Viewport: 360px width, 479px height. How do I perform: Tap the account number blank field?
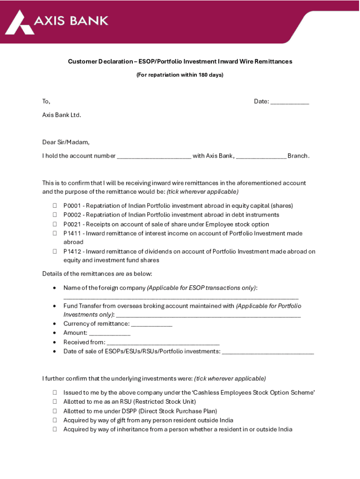coord(154,156)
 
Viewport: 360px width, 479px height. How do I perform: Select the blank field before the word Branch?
coord(261,156)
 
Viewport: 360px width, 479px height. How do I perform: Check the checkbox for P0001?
coord(54,206)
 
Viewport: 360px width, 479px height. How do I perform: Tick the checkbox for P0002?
coord(54,215)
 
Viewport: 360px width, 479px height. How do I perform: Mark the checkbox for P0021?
coord(54,225)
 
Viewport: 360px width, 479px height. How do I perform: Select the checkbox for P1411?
coord(54,233)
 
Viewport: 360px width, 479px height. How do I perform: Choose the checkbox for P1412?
coord(54,252)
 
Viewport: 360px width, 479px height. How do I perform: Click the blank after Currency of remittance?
coord(151,324)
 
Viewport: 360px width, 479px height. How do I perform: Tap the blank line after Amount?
coord(109,333)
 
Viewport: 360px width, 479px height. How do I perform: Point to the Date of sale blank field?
coord(267,352)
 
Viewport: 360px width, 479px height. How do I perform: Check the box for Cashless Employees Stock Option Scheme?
coord(54,393)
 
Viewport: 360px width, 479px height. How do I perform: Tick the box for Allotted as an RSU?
coord(54,402)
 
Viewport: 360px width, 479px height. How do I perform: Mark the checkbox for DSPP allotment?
coord(54,411)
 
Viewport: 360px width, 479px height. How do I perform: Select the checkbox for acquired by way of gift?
coord(54,421)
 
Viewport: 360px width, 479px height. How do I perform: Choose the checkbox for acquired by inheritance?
coord(54,429)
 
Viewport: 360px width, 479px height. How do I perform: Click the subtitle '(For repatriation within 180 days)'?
coord(180,75)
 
